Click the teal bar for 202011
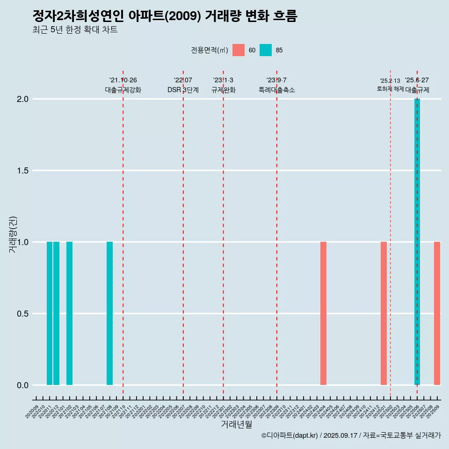pos(50,313)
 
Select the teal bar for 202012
pos(56,313)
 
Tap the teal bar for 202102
pos(69,313)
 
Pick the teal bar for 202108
pos(109,313)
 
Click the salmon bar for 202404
pos(323,313)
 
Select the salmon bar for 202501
pos(384,313)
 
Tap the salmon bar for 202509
pos(437,313)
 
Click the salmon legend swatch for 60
pos(239,50)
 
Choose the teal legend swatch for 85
pos(266,50)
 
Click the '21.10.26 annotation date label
pos(123,80)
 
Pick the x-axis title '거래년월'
pos(236,425)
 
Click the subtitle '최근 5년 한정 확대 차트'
pos(75,30)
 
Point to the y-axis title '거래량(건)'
pos(13,234)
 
